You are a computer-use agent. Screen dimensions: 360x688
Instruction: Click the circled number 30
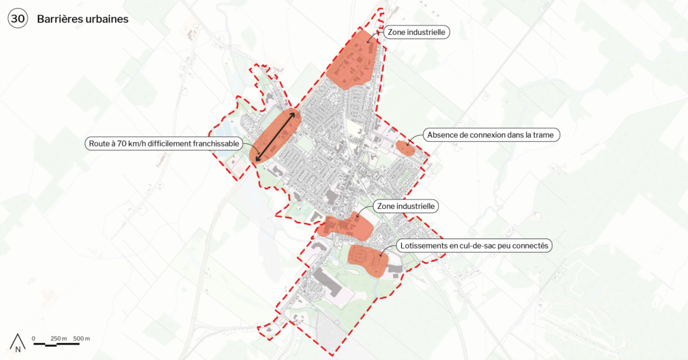coord(18,19)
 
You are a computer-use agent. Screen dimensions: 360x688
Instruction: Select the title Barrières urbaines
coord(83,19)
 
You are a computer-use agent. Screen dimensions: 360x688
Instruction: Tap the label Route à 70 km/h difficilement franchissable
coord(163,143)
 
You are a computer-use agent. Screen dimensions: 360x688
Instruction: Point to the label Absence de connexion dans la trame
coord(492,135)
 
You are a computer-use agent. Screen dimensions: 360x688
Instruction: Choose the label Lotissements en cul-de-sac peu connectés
coord(474,246)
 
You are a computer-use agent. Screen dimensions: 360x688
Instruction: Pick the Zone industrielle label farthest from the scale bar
coord(417,32)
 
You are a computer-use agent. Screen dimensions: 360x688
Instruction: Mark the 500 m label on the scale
coord(81,338)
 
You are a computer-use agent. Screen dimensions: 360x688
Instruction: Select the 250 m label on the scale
coord(58,338)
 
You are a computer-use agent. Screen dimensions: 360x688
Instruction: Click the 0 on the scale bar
coord(34,338)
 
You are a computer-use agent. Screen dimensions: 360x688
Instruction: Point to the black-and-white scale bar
coord(56,345)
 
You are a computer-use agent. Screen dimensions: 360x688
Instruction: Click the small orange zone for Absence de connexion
coord(405,148)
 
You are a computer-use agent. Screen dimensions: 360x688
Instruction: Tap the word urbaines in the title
coord(106,19)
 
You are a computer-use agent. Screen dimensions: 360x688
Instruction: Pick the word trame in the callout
coord(543,135)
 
